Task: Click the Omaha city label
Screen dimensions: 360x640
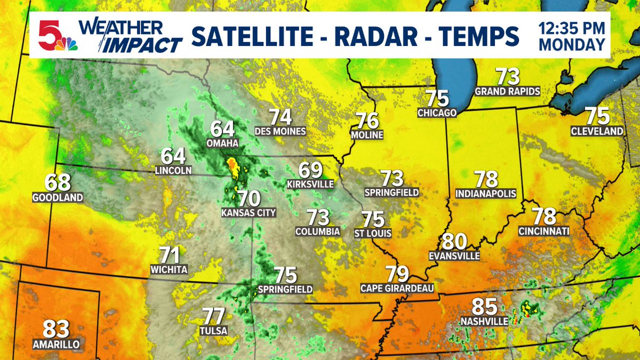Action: [222, 144]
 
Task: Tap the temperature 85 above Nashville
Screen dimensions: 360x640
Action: [484, 307]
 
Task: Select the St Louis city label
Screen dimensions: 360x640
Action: [373, 233]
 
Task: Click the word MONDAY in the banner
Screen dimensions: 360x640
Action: [572, 45]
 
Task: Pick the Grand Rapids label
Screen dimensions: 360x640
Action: [507, 92]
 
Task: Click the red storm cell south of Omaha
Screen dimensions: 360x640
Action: [233, 165]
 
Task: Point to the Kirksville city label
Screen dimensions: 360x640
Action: [310, 184]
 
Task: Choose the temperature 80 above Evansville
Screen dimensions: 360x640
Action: [454, 242]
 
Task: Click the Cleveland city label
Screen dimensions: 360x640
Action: [597, 131]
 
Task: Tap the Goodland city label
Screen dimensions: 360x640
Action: [58, 197]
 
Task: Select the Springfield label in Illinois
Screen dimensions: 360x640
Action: [391, 192]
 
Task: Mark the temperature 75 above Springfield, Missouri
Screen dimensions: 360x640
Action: [285, 275]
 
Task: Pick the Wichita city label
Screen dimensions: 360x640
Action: [169, 269]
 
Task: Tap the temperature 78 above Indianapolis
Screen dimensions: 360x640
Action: [486, 180]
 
